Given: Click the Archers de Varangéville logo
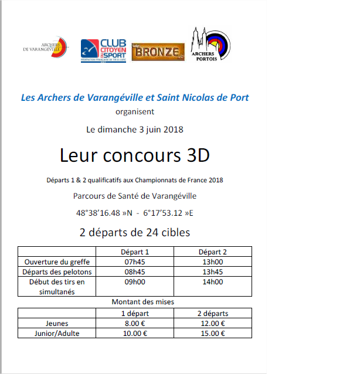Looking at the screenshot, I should coord(46,49).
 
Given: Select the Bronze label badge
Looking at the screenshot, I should coord(157,51).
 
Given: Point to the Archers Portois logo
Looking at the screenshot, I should coord(210,45).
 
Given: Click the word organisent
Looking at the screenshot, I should coord(135,111).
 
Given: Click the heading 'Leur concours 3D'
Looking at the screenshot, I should coord(134,155).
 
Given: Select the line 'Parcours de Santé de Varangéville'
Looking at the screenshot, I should coord(135,196).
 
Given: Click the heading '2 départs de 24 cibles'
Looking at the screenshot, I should coord(135,232).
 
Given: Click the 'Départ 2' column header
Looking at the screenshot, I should coord(213,251).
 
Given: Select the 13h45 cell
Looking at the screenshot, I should coord(213,271).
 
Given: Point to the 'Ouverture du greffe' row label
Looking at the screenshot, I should coord(56,261).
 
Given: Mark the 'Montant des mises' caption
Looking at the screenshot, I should coord(135,302).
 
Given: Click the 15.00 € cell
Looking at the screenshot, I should coord(213,333).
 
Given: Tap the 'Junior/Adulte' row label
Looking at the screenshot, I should coord(56,333).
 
